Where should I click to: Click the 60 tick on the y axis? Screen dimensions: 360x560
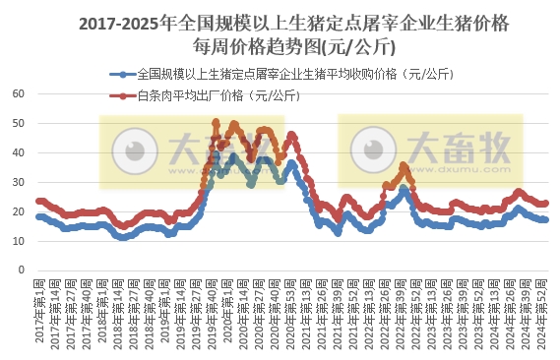[17, 94]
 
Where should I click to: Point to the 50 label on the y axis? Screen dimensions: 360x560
[17, 124]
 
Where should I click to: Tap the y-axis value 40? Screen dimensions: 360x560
[17, 153]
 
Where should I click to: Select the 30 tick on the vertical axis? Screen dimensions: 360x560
[17, 182]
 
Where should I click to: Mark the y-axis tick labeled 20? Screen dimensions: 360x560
[17, 211]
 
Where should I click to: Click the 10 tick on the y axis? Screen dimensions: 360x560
[17, 241]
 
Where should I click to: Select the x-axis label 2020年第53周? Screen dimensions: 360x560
[292, 315]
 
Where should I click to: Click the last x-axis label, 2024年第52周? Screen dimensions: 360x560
[544, 315]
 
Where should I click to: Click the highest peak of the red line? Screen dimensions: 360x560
[216, 122]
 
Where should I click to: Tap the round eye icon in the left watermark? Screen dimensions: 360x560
[131, 152]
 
